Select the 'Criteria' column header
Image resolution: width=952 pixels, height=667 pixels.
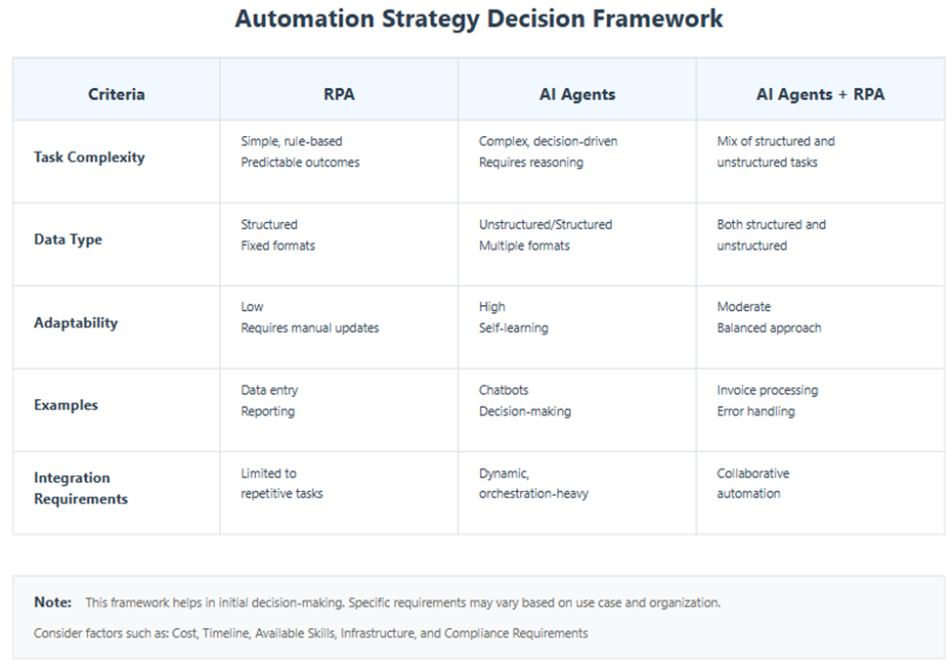[116, 94]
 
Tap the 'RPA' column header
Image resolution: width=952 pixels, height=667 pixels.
[338, 94]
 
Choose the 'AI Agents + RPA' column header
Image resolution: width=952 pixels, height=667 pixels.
[820, 94]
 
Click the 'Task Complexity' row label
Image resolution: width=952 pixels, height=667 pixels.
[89, 156]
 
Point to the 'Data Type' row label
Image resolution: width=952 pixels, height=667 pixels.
[67, 240]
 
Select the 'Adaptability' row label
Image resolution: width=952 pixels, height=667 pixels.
[75, 322]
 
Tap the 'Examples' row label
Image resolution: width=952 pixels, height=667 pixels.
[65, 405]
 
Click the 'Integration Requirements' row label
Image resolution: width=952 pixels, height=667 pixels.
[80, 488]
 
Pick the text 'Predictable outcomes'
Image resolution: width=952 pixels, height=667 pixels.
[300, 162]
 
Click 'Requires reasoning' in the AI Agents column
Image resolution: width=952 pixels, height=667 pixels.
[531, 162]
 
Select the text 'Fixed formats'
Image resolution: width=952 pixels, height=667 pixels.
[278, 245]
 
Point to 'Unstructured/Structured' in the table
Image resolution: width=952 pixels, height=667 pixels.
[545, 224]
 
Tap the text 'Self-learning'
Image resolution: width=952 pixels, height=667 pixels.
[513, 328]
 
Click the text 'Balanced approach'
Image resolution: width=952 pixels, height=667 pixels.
[769, 328]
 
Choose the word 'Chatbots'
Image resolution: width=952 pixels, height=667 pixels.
[503, 389]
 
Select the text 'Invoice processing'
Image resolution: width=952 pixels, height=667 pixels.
[767, 389]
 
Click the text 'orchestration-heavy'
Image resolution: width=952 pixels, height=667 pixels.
[534, 494]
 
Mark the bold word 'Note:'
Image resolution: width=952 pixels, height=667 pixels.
[53, 602]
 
